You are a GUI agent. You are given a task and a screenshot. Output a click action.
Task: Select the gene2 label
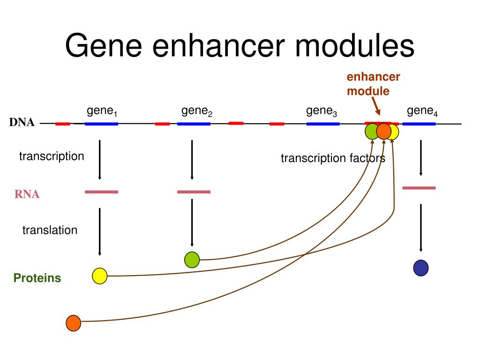click(x=197, y=112)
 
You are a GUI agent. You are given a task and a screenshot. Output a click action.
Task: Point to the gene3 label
click(x=322, y=112)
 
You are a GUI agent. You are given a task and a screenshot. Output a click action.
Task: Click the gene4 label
click(x=422, y=112)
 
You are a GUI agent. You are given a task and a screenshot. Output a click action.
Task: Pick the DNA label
click(x=22, y=123)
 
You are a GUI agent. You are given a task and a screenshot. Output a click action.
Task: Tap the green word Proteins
click(x=37, y=278)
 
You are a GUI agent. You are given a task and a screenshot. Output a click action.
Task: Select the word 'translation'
click(x=50, y=230)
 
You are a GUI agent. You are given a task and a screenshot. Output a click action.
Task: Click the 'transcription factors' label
click(x=333, y=158)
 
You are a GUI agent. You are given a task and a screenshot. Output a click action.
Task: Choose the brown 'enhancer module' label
click(x=373, y=84)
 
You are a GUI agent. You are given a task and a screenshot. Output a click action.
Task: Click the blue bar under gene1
click(x=101, y=124)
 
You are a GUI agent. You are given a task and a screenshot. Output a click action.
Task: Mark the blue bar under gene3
click(x=323, y=124)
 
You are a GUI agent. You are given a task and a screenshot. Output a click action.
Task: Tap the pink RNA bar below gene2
click(x=194, y=192)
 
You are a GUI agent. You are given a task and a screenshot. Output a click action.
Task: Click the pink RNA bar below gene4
click(x=419, y=188)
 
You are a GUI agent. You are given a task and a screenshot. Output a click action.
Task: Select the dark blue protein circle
click(x=420, y=268)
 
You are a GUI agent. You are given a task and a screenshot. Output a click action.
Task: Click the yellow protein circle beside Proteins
click(x=100, y=276)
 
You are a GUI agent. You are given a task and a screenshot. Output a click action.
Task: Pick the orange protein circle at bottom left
click(x=74, y=323)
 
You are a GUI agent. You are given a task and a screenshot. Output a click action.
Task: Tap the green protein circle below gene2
click(x=192, y=260)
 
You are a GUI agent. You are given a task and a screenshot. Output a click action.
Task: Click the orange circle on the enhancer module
click(x=383, y=132)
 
